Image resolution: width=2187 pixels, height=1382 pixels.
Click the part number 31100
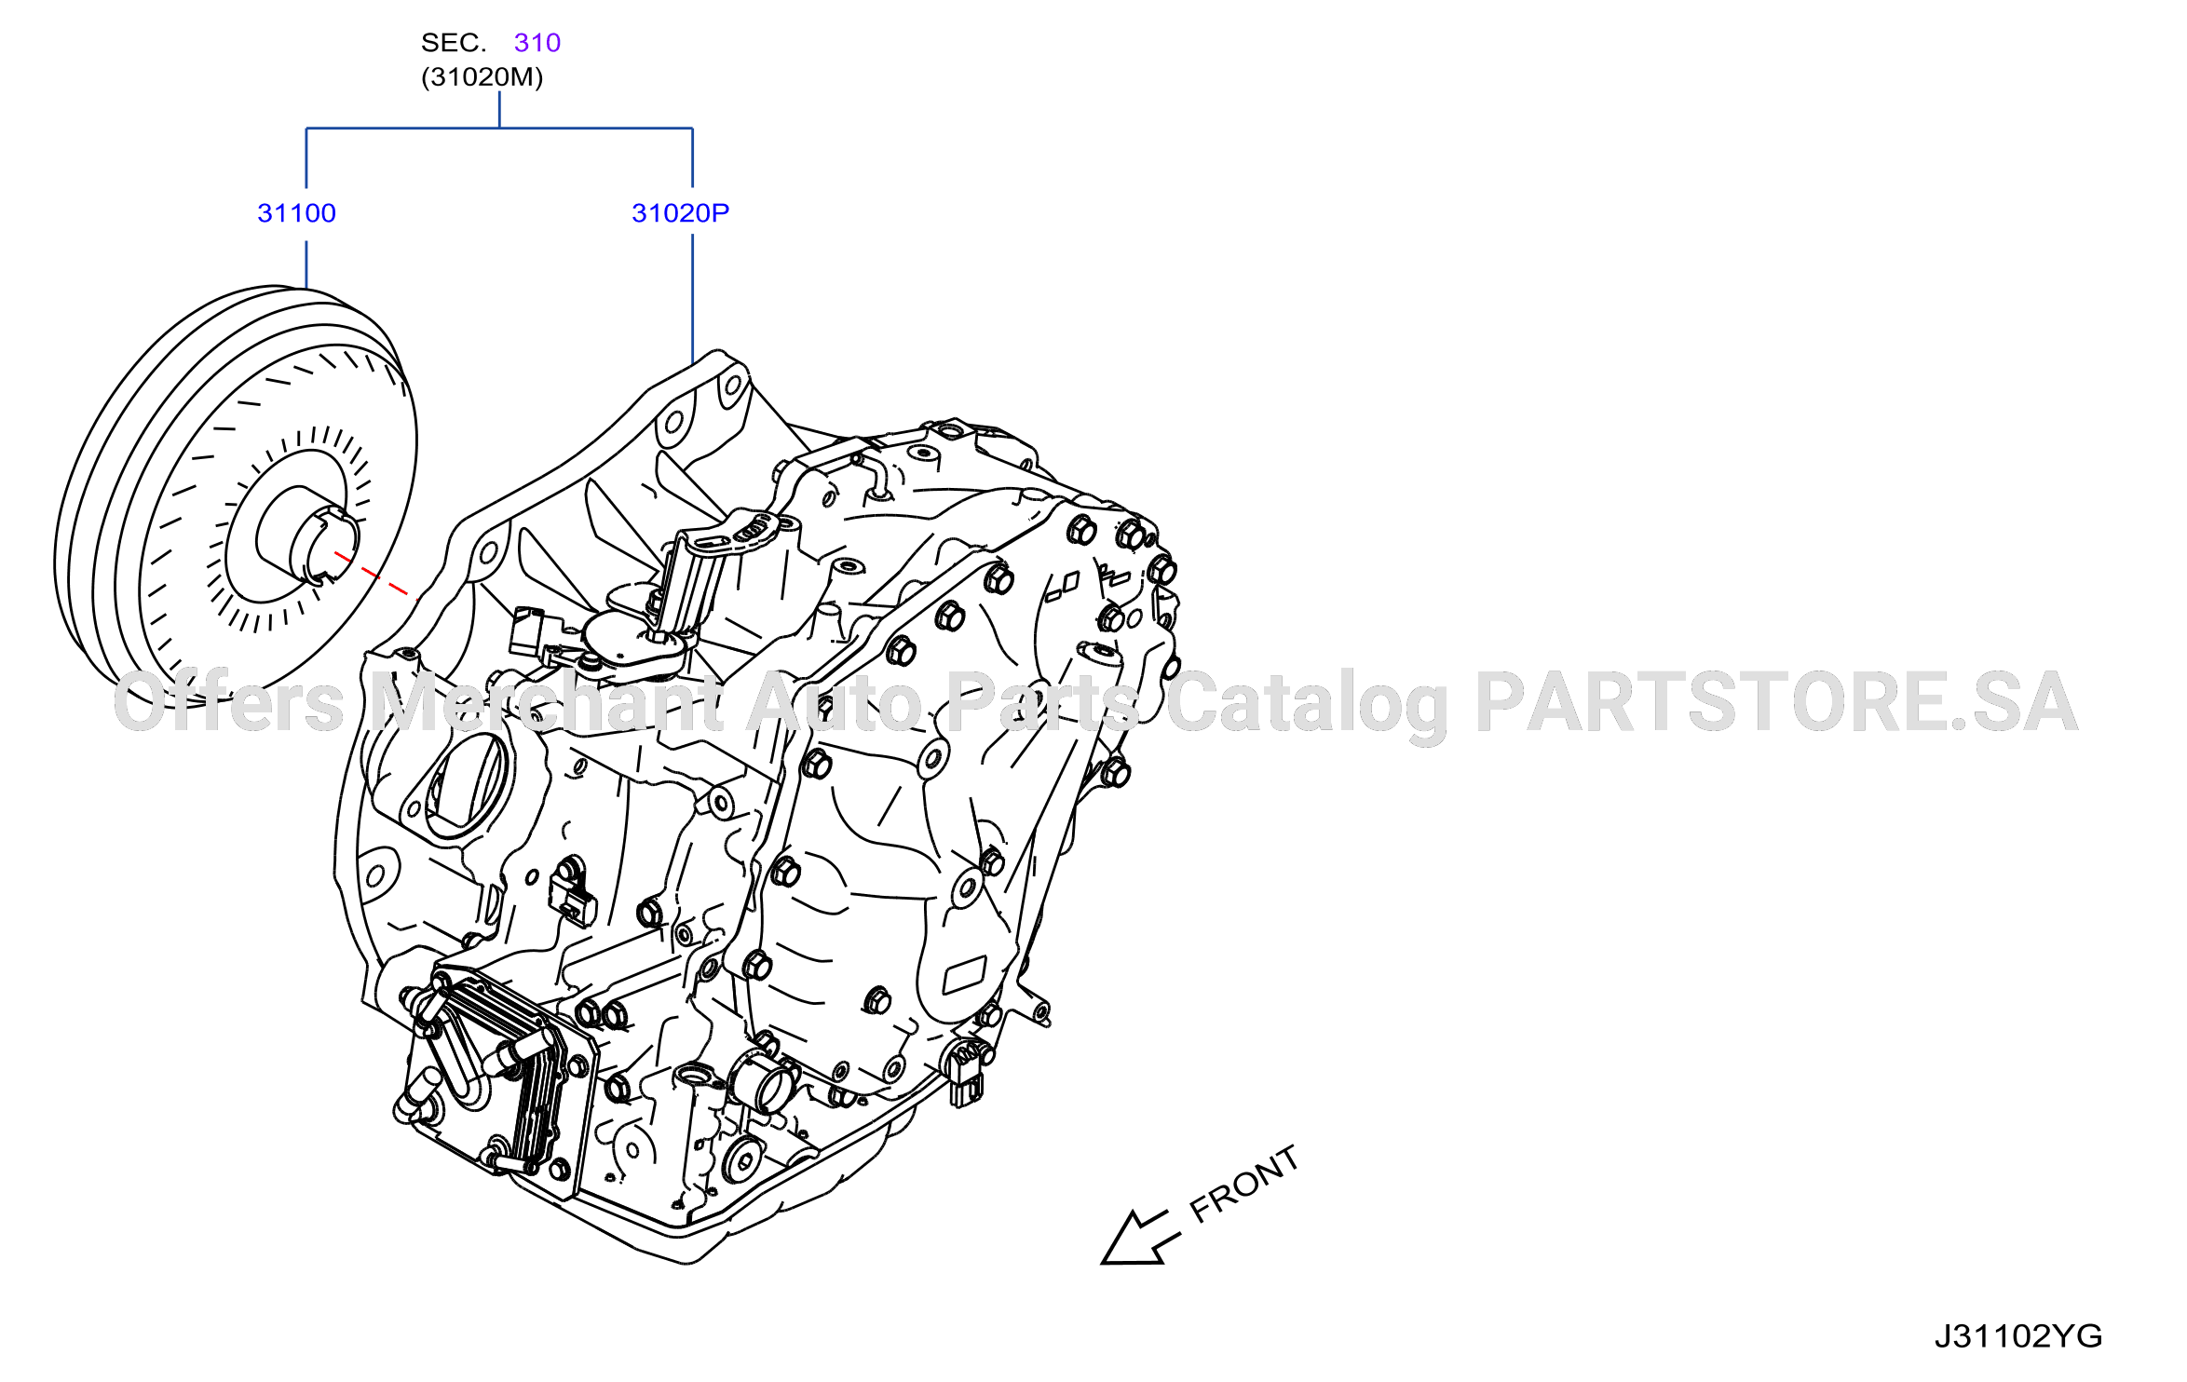click(296, 213)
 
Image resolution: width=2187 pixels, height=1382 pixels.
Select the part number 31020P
click(680, 213)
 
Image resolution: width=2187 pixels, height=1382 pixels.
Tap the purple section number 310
click(537, 43)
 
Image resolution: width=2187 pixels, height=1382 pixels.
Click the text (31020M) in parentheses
click(482, 77)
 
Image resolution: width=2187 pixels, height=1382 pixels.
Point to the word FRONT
click(1244, 1184)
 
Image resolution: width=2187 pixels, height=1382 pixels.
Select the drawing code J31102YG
click(2018, 1336)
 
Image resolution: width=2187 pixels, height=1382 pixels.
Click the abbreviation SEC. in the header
click(454, 43)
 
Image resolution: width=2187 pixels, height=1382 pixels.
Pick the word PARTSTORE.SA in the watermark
click(1776, 703)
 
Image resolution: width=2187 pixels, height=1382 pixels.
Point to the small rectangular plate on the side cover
click(964, 975)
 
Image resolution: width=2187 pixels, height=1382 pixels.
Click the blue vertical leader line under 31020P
click(693, 299)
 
